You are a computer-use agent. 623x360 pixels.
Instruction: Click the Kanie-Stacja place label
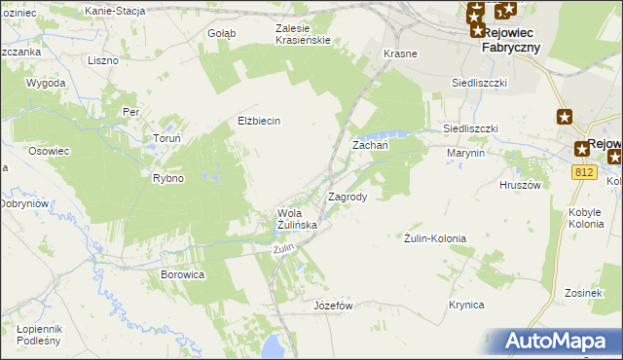pos(115,11)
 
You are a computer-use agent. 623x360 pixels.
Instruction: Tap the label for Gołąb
pos(221,32)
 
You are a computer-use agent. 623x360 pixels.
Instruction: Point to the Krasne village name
pos(401,54)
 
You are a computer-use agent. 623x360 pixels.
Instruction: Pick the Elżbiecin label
pos(259,121)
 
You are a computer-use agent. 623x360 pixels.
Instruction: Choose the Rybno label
pos(168,178)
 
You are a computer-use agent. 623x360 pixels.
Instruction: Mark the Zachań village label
pos(370,145)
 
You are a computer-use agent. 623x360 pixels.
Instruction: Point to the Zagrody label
pos(348,197)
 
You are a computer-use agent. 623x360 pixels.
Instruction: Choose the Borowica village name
pos(182,274)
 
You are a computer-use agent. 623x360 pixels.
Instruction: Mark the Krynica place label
pos(466,305)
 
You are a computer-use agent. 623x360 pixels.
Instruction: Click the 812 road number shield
pos(584,172)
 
